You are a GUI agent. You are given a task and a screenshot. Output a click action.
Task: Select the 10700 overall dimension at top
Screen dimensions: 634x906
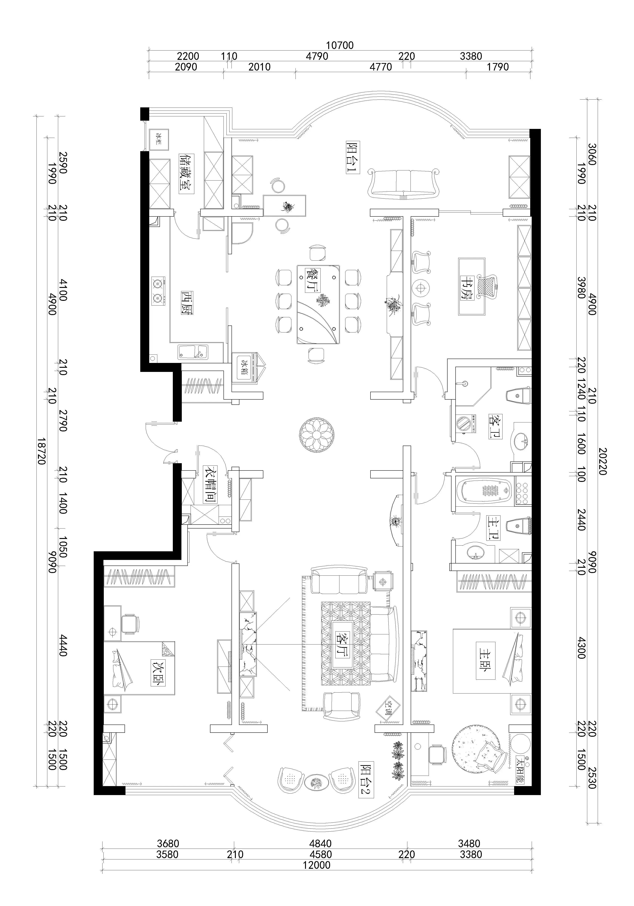tap(340, 45)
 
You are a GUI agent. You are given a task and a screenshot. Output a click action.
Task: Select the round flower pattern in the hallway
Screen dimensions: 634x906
tap(317, 435)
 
